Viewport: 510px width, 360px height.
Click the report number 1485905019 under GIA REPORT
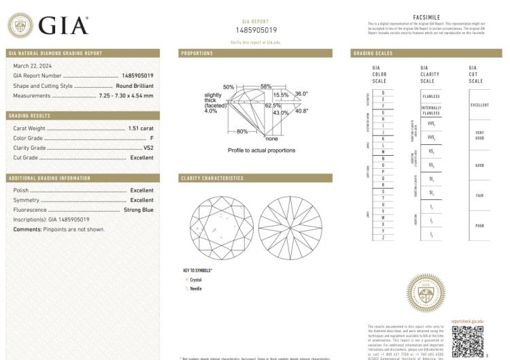tap(256, 31)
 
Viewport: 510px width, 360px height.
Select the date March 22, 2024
tap(33, 65)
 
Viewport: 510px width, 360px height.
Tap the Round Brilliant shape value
tap(135, 86)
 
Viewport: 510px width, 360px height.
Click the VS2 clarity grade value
tap(148, 148)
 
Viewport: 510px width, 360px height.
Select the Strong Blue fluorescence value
tap(138, 210)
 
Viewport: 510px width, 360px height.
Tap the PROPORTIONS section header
tap(197, 53)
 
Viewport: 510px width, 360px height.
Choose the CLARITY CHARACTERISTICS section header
tap(212, 178)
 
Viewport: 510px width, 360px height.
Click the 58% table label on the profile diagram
tap(265, 86)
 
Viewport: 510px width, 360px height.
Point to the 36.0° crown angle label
tap(301, 94)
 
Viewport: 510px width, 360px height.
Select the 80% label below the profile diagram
tap(241, 131)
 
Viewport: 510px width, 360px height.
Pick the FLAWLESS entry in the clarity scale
tap(431, 97)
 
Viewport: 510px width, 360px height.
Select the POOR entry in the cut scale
tap(479, 225)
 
